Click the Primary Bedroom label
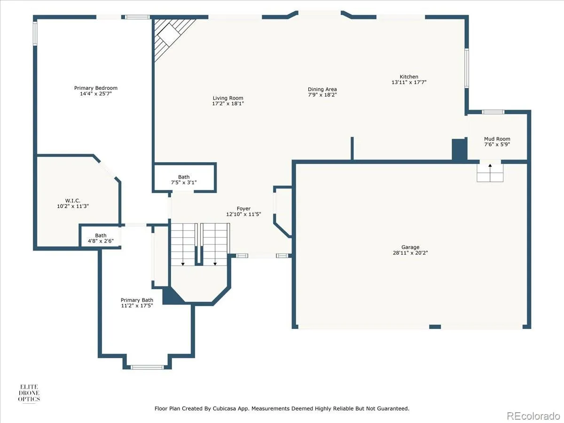point(95,88)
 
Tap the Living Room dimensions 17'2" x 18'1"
point(228,103)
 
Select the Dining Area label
point(322,89)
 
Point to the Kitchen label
point(409,77)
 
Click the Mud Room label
point(497,139)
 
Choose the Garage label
point(410,247)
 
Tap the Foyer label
point(243,209)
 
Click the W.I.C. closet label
point(73,201)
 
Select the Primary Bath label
point(137,300)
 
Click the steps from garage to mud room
point(490,173)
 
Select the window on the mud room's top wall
point(493,112)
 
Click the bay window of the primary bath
point(147,367)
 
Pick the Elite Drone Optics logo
point(29,393)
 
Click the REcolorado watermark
point(533,416)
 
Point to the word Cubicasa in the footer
point(223,408)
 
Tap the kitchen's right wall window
point(467,68)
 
